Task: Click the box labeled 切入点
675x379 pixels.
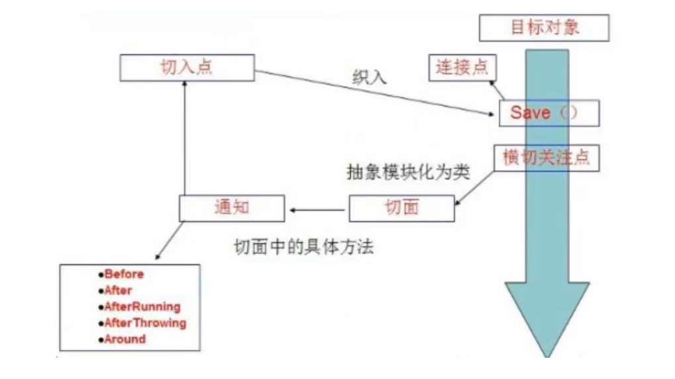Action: (x=187, y=68)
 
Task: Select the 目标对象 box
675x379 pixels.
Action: (x=544, y=28)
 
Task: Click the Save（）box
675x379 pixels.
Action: (x=548, y=113)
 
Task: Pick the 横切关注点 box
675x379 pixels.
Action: (x=546, y=158)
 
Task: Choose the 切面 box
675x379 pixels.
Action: (x=401, y=207)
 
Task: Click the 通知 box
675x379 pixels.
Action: (x=231, y=207)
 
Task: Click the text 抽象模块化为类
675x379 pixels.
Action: (x=408, y=173)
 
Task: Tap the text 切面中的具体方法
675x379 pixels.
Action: (x=303, y=248)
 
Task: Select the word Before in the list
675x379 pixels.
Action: (x=124, y=274)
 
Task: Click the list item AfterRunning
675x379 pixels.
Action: (x=142, y=307)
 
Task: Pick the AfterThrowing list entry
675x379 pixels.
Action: (x=145, y=323)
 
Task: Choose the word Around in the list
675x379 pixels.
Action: (x=125, y=339)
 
